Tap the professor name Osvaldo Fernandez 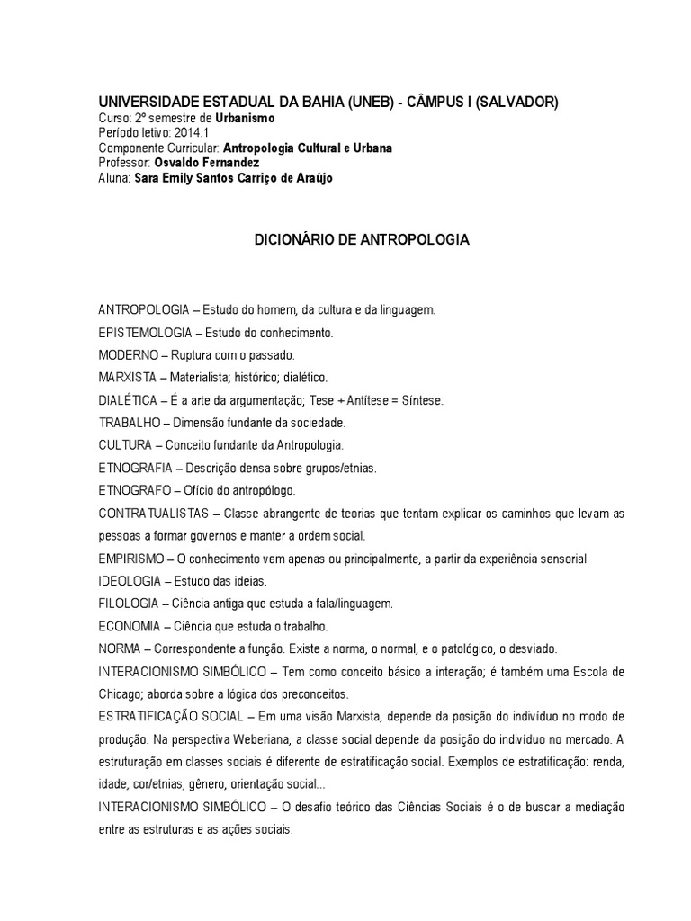[x=208, y=163]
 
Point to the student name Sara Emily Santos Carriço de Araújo [x=233, y=177]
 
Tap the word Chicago [x=121, y=694]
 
